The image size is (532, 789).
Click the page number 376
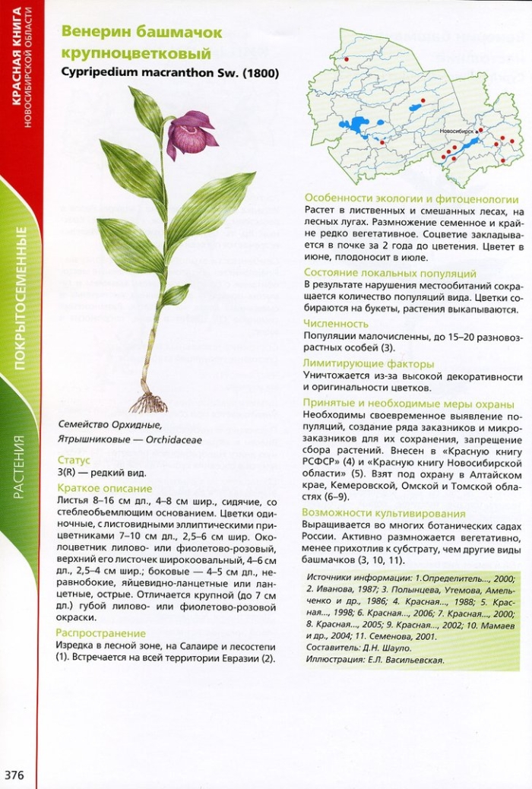pyautogui.click(x=15, y=775)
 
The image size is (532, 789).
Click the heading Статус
pyautogui.click(x=74, y=460)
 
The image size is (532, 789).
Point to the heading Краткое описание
pyautogui.click(x=105, y=488)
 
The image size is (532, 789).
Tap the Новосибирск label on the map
pyautogui.click(x=458, y=131)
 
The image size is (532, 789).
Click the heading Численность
pyautogui.click(x=335, y=323)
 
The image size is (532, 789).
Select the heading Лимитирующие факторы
pyautogui.click(x=369, y=363)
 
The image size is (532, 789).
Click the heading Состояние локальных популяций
pyautogui.click(x=390, y=272)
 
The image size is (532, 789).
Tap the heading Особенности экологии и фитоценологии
pyautogui.click(x=411, y=198)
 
